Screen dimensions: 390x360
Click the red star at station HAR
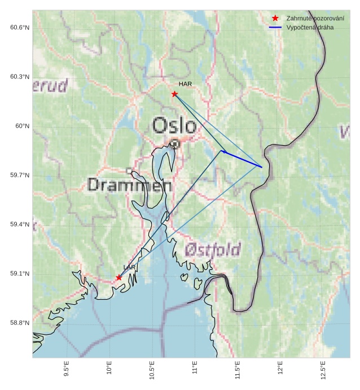click(174, 94)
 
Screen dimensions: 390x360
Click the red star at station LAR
click(118, 277)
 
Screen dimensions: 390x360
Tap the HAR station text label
click(185, 84)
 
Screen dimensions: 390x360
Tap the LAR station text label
click(130, 267)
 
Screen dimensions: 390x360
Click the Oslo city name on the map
click(175, 125)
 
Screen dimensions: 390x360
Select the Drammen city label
click(130, 185)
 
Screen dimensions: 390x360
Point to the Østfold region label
click(213, 249)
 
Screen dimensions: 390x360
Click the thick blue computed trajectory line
click(243, 159)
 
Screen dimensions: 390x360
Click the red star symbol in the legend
click(275, 18)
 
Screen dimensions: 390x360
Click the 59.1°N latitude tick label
click(19, 274)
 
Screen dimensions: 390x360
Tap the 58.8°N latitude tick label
click(19, 323)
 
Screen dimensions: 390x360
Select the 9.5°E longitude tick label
click(67, 369)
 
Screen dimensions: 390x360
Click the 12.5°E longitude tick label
click(323, 369)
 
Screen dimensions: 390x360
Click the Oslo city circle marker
click(175, 144)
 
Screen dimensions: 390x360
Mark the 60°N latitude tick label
click(22, 126)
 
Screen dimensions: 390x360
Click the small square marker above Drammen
click(129, 170)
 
